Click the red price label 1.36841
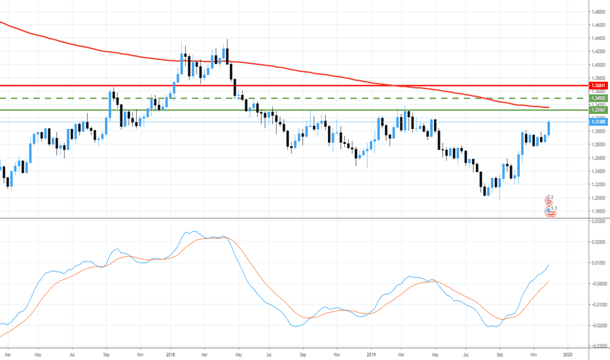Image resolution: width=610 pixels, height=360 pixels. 598,86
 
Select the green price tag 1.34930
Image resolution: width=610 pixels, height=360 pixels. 598,98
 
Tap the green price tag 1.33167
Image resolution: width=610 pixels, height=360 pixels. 598,110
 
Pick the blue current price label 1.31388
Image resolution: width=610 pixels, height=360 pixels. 598,122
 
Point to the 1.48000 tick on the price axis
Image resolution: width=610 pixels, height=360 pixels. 598,12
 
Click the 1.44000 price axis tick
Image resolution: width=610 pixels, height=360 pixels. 598,39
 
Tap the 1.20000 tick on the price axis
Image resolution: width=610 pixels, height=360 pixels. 598,198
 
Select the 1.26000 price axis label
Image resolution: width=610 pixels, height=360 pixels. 598,158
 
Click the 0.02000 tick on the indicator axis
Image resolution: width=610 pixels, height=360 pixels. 598,242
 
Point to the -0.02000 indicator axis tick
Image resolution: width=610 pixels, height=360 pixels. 598,325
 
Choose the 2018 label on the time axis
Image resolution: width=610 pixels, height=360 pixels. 170,353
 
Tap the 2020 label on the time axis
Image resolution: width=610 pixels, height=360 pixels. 568,353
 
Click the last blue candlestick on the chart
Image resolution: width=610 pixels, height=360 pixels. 548,128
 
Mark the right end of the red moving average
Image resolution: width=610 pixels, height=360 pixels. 547,107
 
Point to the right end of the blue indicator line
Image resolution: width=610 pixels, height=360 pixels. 548,265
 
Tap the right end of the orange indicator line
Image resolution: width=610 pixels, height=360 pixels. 548,281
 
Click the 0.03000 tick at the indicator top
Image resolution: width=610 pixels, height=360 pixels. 598,221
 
